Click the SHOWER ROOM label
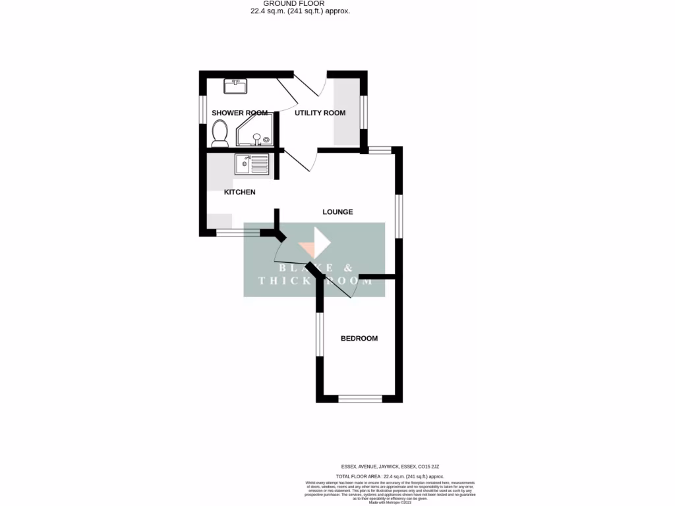[240, 113]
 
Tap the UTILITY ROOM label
[320, 113]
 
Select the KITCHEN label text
[240, 192]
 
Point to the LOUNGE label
[337, 212]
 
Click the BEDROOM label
[359, 339]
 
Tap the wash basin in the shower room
[235, 86]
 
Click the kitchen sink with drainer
[252, 164]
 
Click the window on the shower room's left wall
[203, 109]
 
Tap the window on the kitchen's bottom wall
[238, 233]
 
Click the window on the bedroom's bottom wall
[360, 399]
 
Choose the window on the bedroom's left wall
[320, 334]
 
